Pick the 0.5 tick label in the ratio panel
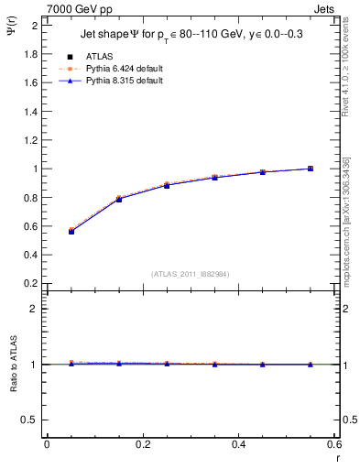(30, 420)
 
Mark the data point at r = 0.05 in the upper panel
(71, 231)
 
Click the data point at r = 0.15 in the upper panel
(119, 199)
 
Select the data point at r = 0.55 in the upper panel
(311, 169)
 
